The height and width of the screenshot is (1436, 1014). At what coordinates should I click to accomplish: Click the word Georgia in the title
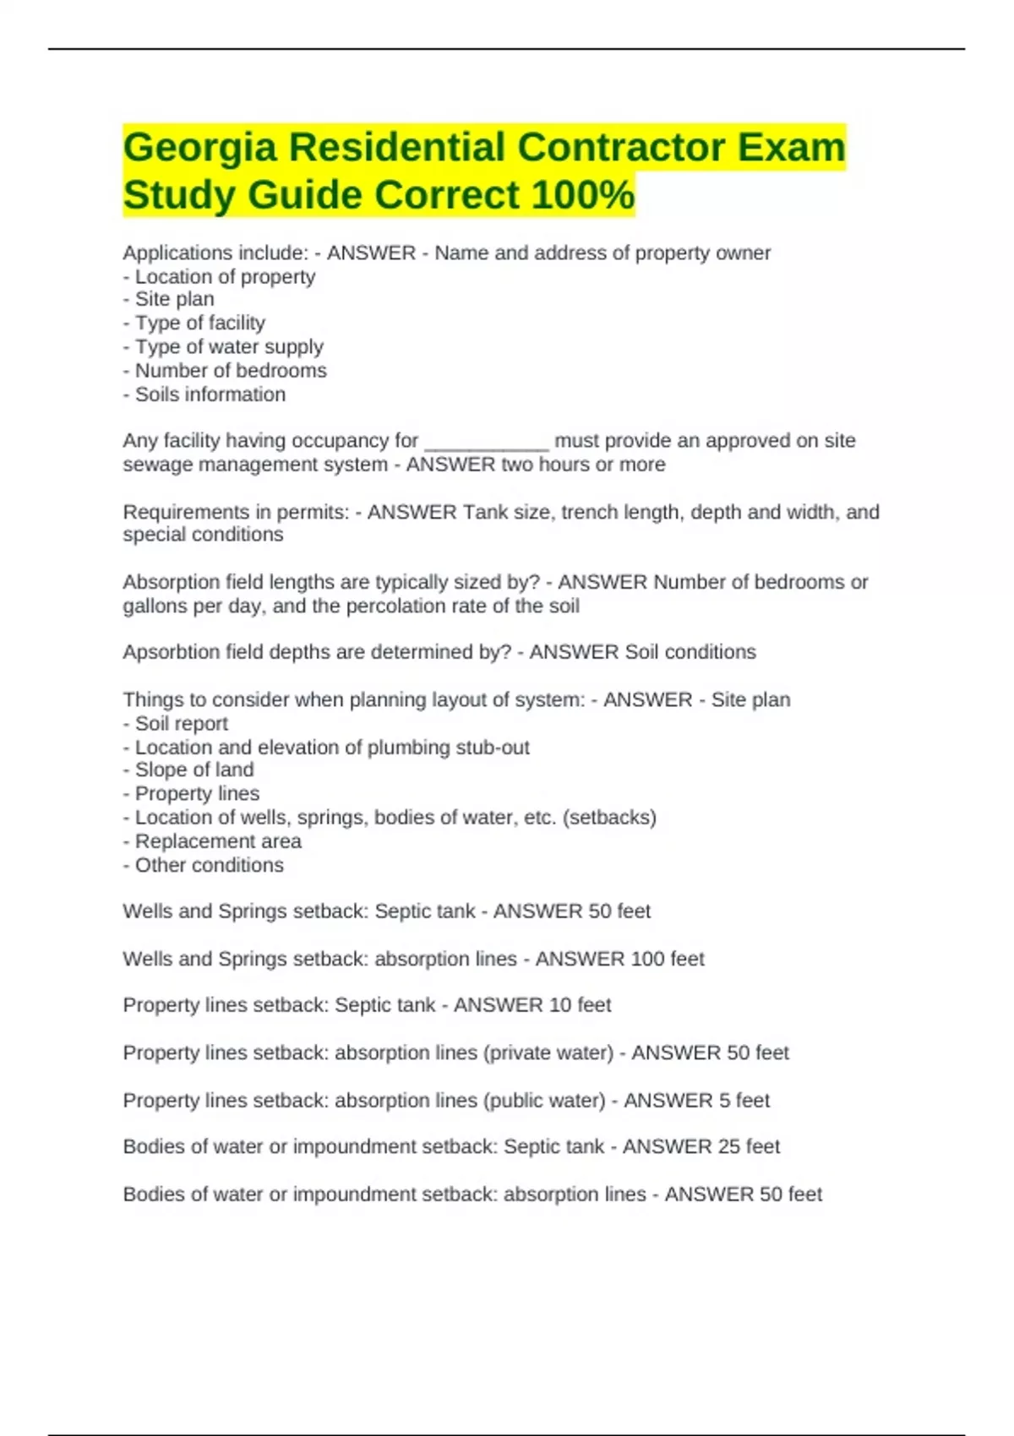199,149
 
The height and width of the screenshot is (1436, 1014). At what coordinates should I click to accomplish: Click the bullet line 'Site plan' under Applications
174,300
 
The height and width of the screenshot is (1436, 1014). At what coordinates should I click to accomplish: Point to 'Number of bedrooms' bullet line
230,371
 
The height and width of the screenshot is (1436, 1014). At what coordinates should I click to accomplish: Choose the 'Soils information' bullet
210,394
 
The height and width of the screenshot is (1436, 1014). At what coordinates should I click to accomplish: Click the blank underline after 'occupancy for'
487,442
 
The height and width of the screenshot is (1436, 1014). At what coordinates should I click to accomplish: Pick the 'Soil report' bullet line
181,724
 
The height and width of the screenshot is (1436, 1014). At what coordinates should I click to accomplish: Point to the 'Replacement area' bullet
217,841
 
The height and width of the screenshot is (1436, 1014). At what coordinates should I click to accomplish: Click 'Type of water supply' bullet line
228,347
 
